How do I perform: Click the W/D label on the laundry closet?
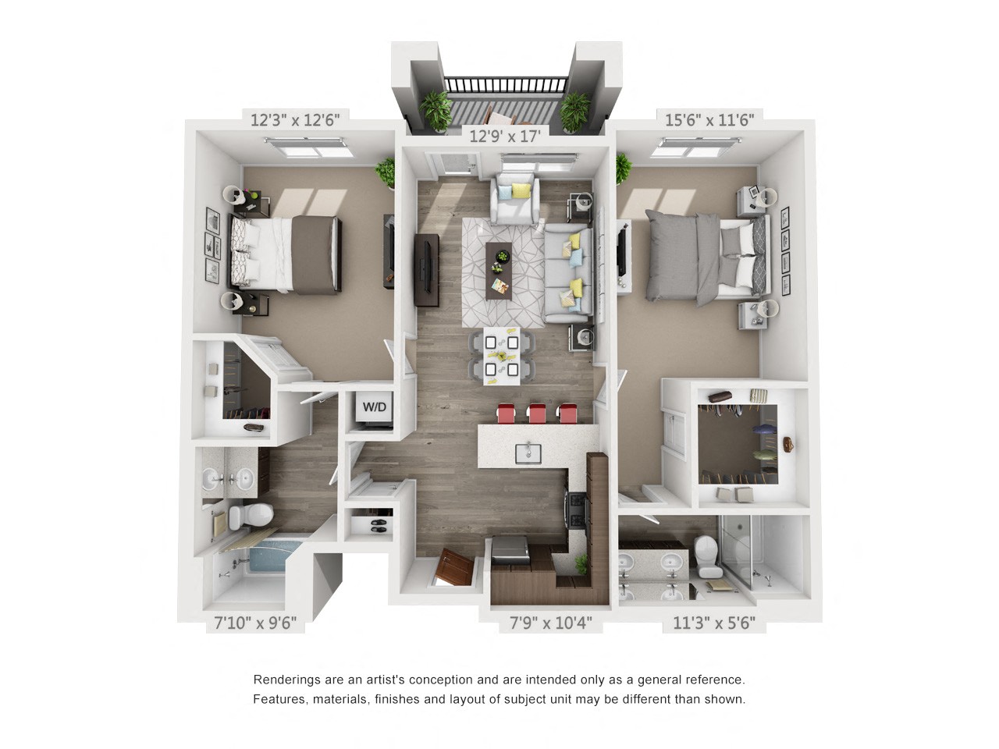(x=375, y=407)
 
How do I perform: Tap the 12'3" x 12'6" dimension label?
(x=295, y=120)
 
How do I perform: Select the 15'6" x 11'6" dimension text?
(x=709, y=120)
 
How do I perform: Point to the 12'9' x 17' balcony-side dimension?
(x=505, y=137)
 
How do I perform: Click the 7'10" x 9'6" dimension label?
(x=255, y=623)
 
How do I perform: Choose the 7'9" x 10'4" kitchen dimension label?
(x=550, y=623)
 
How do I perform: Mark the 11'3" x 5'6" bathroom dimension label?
(x=714, y=623)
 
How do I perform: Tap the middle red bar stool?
(x=536, y=414)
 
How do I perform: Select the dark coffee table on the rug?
(x=498, y=270)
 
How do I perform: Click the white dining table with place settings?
(x=501, y=356)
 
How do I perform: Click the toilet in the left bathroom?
(x=251, y=515)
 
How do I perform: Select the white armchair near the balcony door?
(x=514, y=198)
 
